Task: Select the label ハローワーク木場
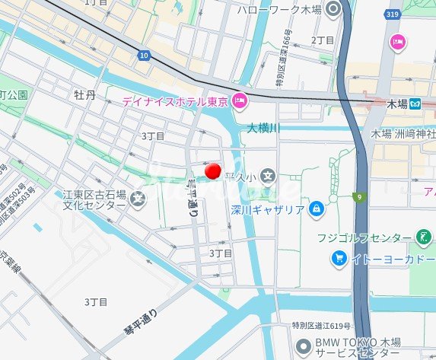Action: (280, 10)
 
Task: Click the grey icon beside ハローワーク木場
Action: (333, 10)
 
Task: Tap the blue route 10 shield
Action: (145, 55)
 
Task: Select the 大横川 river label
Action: (263, 129)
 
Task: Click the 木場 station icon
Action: (415, 103)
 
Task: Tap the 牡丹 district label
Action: (84, 95)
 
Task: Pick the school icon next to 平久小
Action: (268, 177)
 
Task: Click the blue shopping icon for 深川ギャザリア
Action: (317, 209)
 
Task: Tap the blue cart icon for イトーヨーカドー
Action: (339, 259)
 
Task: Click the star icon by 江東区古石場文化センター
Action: (138, 200)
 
